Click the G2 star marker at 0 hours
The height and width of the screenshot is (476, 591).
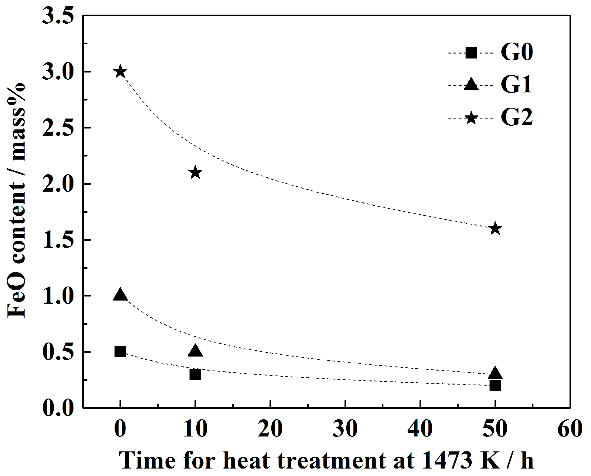(x=120, y=72)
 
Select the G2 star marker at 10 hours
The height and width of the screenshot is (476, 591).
(x=195, y=172)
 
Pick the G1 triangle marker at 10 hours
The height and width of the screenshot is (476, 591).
(x=195, y=351)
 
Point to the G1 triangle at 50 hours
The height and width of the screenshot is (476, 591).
(x=495, y=373)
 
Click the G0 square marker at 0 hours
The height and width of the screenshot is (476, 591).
(x=120, y=352)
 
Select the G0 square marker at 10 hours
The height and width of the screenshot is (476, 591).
(x=195, y=374)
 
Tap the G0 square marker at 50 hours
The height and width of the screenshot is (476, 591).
(x=495, y=386)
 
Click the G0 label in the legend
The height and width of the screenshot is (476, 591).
(x=517, y=52)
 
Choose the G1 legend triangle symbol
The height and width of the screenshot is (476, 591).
(x=471, y=85)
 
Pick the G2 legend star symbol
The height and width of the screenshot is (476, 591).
(x=471, y=118)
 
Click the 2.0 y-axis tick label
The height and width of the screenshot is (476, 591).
(x=59, y=184)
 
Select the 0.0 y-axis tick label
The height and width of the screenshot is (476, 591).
(x=59, y=408)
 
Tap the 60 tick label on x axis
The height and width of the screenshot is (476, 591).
(x=570, y=429)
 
